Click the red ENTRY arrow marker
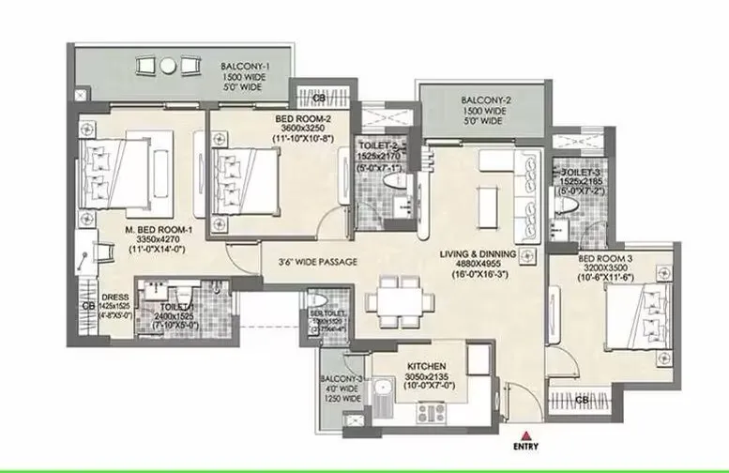coord(529,434)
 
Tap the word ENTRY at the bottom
coord(529,447)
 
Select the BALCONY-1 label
coord(247,68)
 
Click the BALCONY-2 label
coord(487,100)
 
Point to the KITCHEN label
coord(425,366)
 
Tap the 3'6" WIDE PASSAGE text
coord(311,262)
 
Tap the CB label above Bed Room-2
coord(306,97)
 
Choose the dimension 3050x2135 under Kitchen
coord(425,377)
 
